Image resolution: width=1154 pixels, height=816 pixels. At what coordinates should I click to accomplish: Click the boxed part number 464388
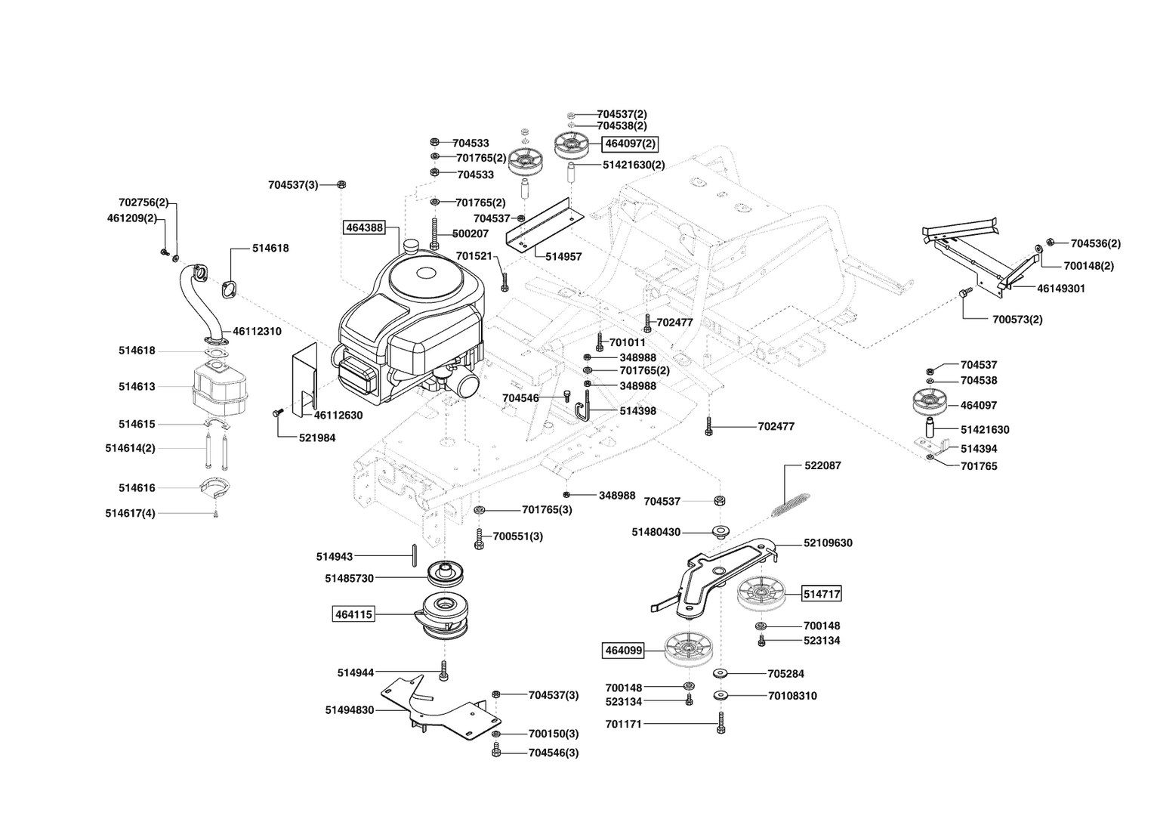pos(364,227)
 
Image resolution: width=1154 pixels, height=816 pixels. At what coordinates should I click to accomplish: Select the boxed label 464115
pos(353,614)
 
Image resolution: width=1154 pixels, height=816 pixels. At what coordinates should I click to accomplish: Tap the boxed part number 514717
pos(822,594)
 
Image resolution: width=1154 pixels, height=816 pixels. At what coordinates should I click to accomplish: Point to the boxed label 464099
pos(623,649)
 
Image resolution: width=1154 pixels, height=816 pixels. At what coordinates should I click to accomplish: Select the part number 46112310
pos(257,331)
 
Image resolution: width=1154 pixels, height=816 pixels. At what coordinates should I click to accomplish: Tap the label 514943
pos(335,557)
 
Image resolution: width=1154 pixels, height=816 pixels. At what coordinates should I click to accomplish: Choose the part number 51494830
pos(350,710)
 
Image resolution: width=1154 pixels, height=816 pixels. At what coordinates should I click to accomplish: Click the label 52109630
pos(828,543)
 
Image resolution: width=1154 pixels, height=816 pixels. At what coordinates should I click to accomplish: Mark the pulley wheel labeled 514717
pos(758,593)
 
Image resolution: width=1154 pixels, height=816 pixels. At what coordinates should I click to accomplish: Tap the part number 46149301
pos(1061,289)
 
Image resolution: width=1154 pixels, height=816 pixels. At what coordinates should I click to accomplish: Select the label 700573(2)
pos(1017,320)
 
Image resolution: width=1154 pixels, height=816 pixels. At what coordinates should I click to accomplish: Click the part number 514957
pos(563,257)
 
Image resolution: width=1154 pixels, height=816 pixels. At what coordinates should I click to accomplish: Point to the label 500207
pos(471,234)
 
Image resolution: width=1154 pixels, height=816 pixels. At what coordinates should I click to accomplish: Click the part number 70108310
pos(792,696)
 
